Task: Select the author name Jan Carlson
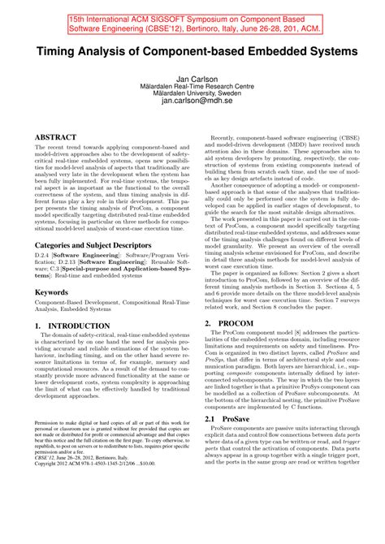(192, 95)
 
